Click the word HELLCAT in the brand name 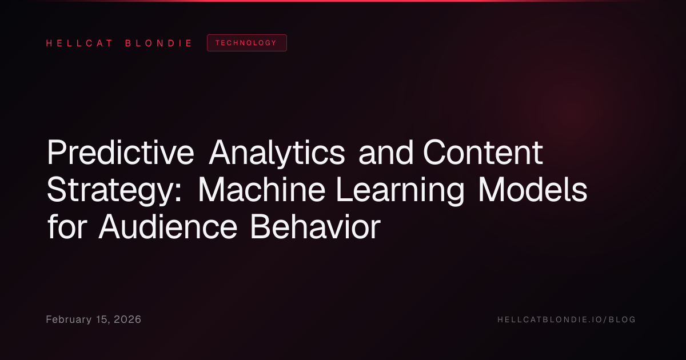[x=79, y=43]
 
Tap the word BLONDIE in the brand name [x=158, y=43]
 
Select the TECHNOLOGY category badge [x=247, y=43]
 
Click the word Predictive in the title [x=121, y=152]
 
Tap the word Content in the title [x=483, y=152]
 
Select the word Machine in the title [x=262, y=190]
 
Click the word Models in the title [x=533, y=190]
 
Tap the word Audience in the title [x=168, y=226]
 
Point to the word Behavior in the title [x=316, y=226]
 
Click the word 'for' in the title [x=67, y=226]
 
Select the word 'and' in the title [x=386, y=152]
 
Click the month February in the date [x=69, y=319]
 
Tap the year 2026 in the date [x=127, y=319]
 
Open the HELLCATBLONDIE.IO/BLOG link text [x=567, y=319]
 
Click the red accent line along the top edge [x=343, y=1]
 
